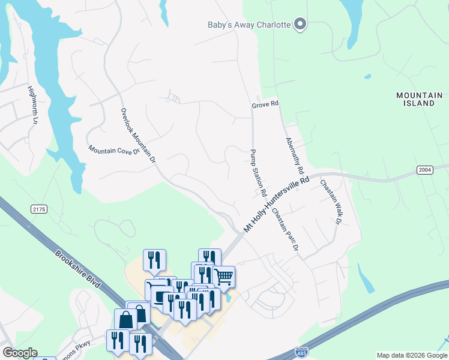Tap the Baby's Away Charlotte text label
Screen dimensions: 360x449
[249, 25]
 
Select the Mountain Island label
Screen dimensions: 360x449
[419, 99]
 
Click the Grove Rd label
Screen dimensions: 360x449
[265, 104]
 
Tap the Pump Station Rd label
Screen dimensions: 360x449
[258, 173]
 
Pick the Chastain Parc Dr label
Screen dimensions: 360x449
[285, 230]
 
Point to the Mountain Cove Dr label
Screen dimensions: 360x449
[113, 149]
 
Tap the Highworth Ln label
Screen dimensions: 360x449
[32, 104]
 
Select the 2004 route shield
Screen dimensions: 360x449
[424, 171]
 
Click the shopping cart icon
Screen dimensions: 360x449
[223, 277]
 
